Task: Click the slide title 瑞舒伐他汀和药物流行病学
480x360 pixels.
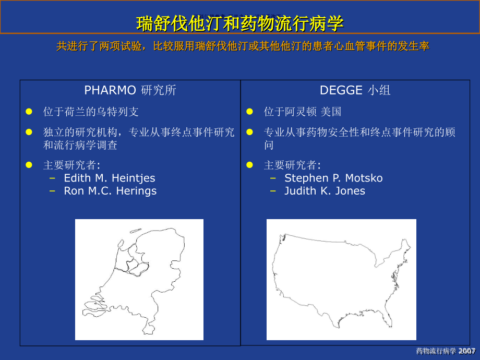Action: tap(240, 23)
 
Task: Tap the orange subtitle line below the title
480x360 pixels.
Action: tap(243, 46)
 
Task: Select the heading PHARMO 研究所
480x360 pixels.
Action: tap(130, 90)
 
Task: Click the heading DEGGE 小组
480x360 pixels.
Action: tap(355, 90)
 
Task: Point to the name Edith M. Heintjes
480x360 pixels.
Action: tap(109, 178)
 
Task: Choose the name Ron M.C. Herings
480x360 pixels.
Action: tap(110, 191)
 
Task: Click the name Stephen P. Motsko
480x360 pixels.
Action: tap(333, 178)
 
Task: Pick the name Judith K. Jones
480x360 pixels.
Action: tap(325, 191)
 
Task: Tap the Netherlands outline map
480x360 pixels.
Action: tap(139, 279)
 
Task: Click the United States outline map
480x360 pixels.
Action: tap(341, 279)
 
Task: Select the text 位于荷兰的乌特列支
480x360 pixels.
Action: tap(91, 112)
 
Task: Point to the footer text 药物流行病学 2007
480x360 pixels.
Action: tap(446, 351)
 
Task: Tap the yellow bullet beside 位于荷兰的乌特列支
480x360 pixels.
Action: tap(29, 112)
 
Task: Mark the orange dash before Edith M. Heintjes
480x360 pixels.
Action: tap(52, 178)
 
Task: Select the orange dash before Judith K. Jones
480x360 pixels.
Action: tap(273, 191)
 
